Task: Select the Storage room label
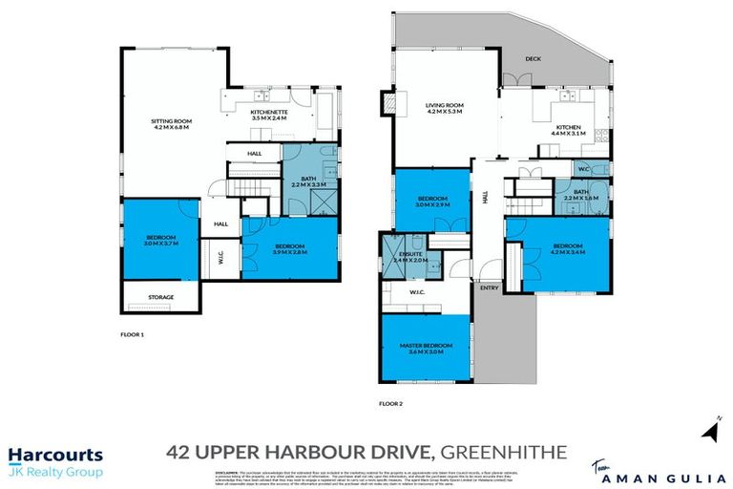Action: click(x=160, y=297)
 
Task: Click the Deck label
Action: click(x=534, y=58)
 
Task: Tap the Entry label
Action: click(x=489, y=287)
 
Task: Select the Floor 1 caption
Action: click(x=132, y=334)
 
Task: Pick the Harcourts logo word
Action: click(x=55, y=456)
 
